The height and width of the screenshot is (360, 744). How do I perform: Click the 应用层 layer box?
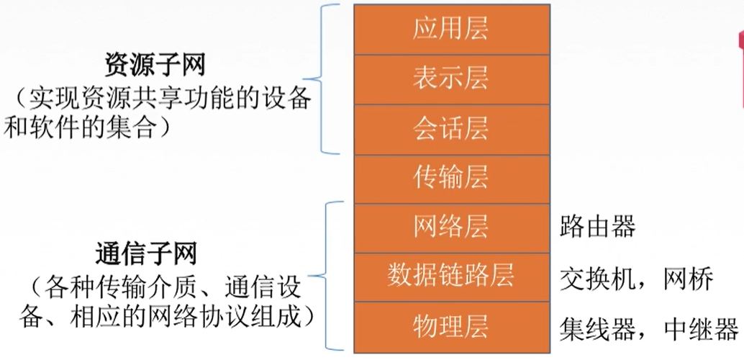coord(450,29)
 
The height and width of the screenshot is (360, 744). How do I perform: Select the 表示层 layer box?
coord(450,78)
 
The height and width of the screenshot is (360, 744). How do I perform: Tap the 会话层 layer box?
coord(450,128)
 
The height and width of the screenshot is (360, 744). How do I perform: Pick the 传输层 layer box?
coord(450,178)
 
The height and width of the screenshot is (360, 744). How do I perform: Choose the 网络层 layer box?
coord(450,228)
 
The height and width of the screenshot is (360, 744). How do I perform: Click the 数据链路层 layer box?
coord(450,276)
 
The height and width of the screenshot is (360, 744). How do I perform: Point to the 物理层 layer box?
coord(450,327)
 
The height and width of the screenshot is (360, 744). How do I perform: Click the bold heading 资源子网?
coord(155,66)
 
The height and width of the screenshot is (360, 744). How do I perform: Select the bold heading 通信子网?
coord(155,256)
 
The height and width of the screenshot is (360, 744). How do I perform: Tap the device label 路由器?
coord(597,228)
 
